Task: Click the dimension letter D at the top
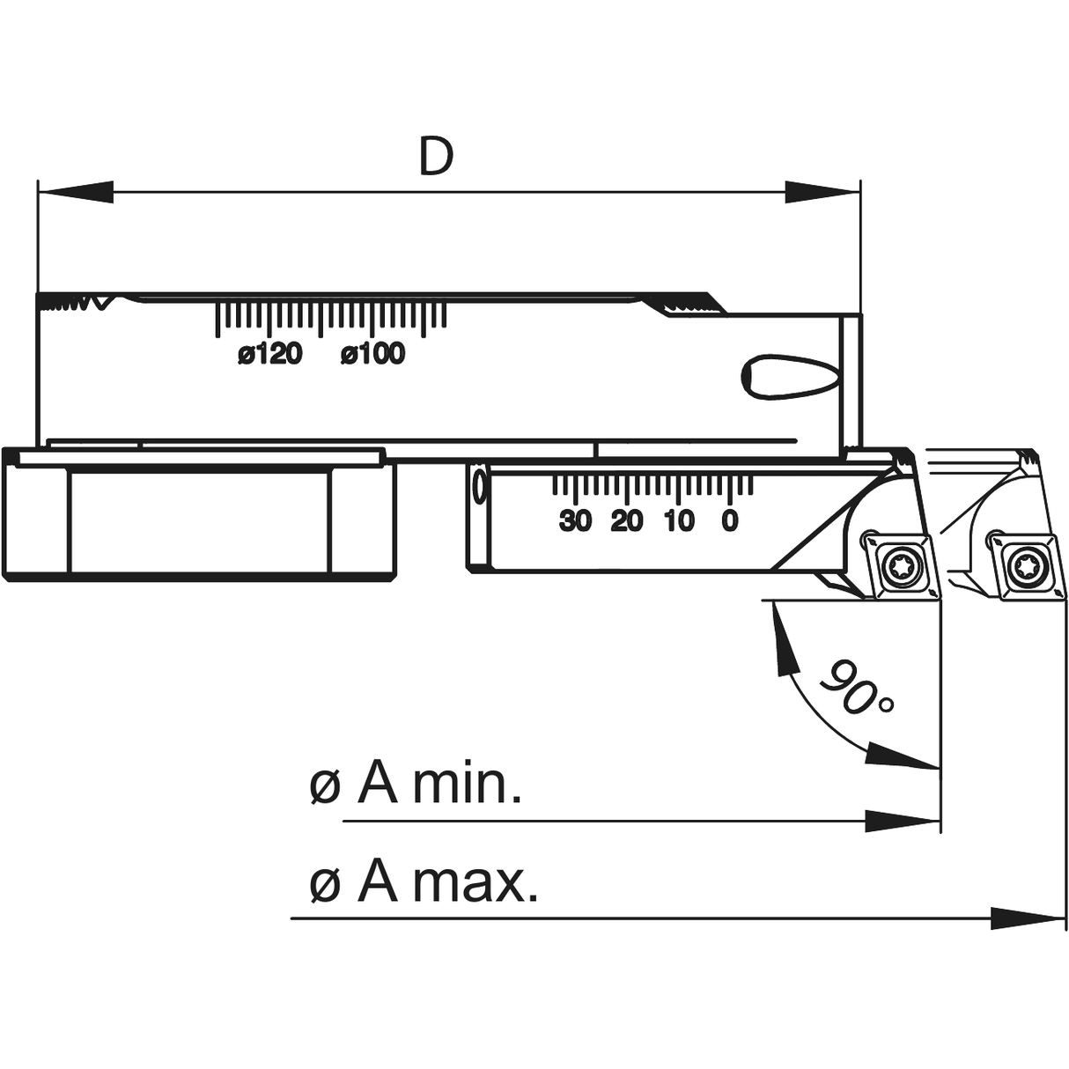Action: [435, 156]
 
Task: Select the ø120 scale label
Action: [269, 354]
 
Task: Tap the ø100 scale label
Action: [373, 354]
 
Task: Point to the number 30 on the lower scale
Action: [575, 521]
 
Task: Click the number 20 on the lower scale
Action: [627, 521]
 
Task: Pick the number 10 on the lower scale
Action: [679, 521]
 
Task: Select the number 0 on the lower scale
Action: [729, 521]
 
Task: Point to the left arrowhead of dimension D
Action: [76, 192]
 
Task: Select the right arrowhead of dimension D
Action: [822, 192]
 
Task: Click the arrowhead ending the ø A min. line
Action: [902, 822]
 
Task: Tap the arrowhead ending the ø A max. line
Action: [1028, 918]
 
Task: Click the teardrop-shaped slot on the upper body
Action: [788, 377]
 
